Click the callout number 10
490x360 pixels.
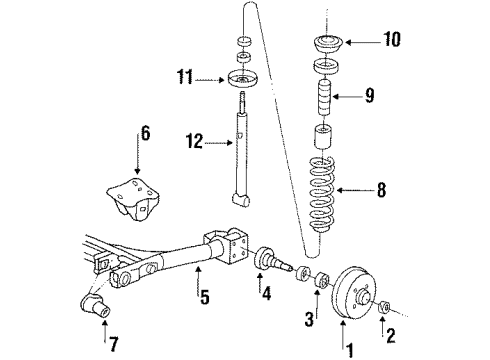click(x=392, y=39)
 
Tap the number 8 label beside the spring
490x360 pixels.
click(x=381, y=190)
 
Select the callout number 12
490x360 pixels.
click(x=194, y=141)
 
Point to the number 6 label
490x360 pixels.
click(x=145, y=133)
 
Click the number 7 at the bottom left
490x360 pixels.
click(x=114, y=344)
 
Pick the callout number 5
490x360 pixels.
click(x=205, y=297)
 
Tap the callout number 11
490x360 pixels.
click(x=185, y=77)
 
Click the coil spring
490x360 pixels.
click(x=321, y=195)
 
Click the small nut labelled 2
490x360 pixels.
click(x=384, y=307)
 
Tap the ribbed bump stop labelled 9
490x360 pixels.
click(x=323, y=97)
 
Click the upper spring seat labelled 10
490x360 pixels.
click(x=329, y=43)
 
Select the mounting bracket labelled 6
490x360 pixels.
click(x=133, y=199)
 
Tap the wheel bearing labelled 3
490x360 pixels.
click(x=322, y=279)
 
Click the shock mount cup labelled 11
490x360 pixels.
click(x=243, y=79)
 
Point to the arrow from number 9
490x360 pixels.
click(x=348, y=97)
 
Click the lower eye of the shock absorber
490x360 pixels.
click(x=241, y=199)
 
